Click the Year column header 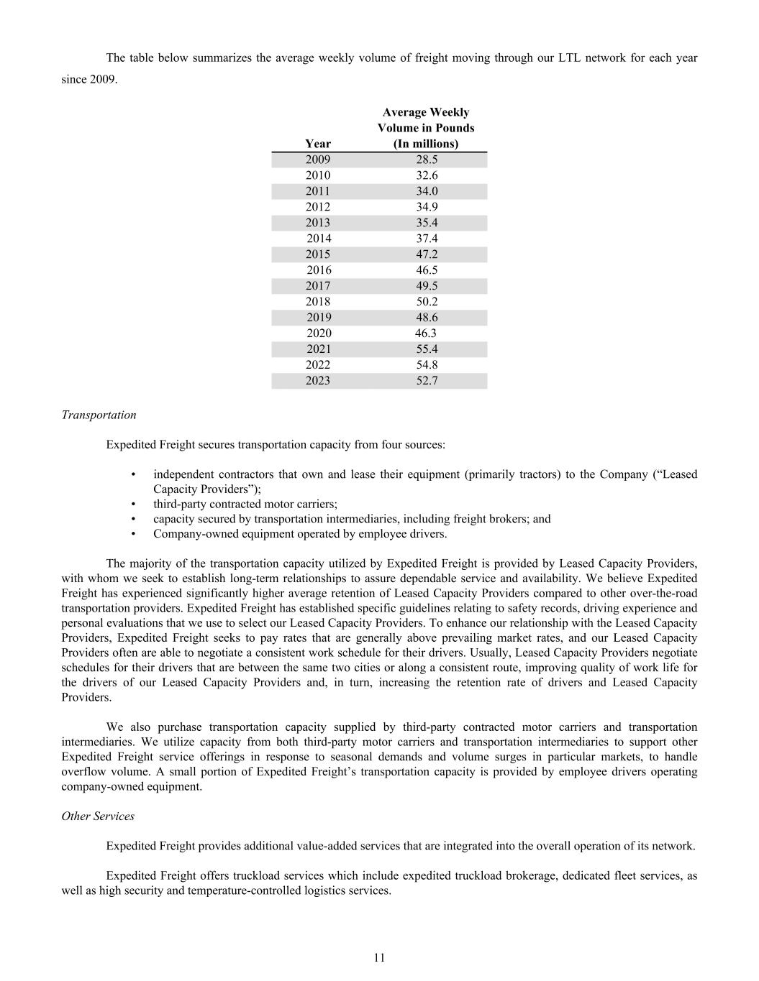click(318, 144)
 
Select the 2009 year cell click(318, 160)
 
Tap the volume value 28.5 click(427, 160)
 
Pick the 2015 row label click(318, 254)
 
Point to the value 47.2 click(427, 254)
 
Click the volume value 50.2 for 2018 click(427, 302)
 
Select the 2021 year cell click(318, 349)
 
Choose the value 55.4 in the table click(427, 349)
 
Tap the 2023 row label click(318, 381)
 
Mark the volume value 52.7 click(427, 381)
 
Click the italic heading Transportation click(99, 415)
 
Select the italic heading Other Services click(98, 816)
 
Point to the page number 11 click(379, 957)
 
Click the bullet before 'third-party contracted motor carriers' click(135, 505)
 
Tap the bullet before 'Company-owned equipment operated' click(135, 534)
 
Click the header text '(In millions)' click(426, 144)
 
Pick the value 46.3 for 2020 click(426, 333)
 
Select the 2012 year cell click(318, 207)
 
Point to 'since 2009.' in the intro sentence click(89, 79)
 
